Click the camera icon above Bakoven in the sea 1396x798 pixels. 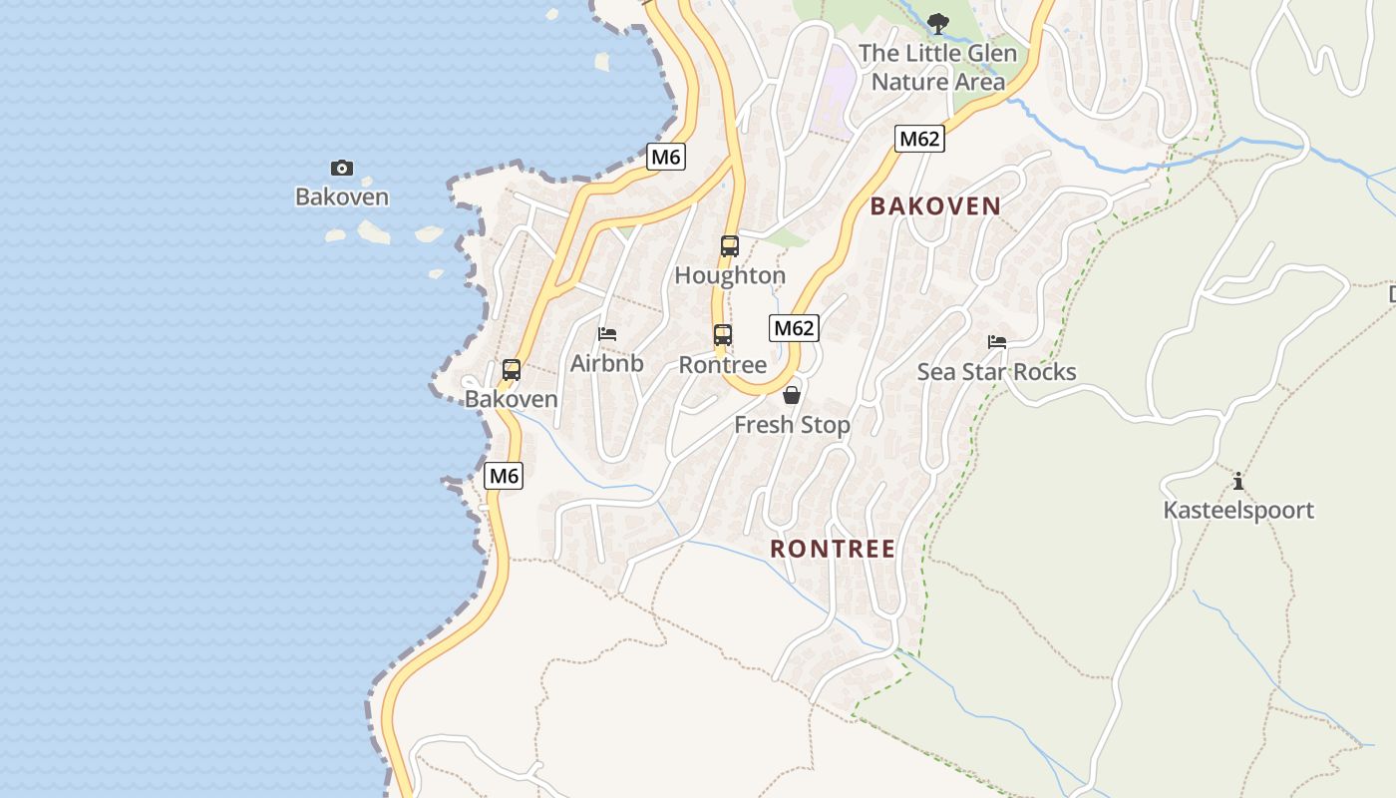[x=341, y=169]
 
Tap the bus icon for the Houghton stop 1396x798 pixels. [x=730, y=246]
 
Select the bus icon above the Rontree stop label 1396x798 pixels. [x=723, y=336]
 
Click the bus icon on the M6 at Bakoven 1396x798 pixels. [x=512, y=370]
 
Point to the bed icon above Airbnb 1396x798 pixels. [x=607, y=334]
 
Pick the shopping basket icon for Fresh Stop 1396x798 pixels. [x=792, y=395]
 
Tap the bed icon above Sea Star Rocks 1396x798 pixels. [x=997, y=342]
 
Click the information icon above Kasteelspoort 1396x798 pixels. [x=1238, y=482]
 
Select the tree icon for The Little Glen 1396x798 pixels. [x=937, y=24]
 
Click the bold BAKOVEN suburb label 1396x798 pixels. [x=935, y=206]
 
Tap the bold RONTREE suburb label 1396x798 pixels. [x=833, y=549]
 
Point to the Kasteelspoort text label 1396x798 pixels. [x=1238, y=511]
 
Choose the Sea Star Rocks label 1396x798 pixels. [x=997, y=372]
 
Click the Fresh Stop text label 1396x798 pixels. [x=792, y=425]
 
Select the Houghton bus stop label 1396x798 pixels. [x=730, y=275]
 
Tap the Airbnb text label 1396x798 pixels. [x=606, y=364]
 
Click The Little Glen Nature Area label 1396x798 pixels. [x=938, y=67]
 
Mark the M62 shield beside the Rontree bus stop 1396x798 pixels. [x=794, y=328]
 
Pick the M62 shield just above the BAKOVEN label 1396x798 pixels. [x=918, y=139]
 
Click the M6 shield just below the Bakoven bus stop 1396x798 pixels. [x=504, y=477]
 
